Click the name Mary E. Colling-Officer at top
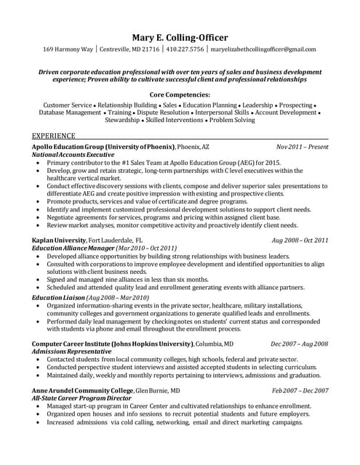click(180, 36)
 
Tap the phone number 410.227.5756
click(185, 49)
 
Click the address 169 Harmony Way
click(68, 49)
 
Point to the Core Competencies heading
click(180, 94)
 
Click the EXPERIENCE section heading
click(55, 136)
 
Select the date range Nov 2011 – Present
click(303, 147)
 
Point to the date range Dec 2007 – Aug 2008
click(299, 344)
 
